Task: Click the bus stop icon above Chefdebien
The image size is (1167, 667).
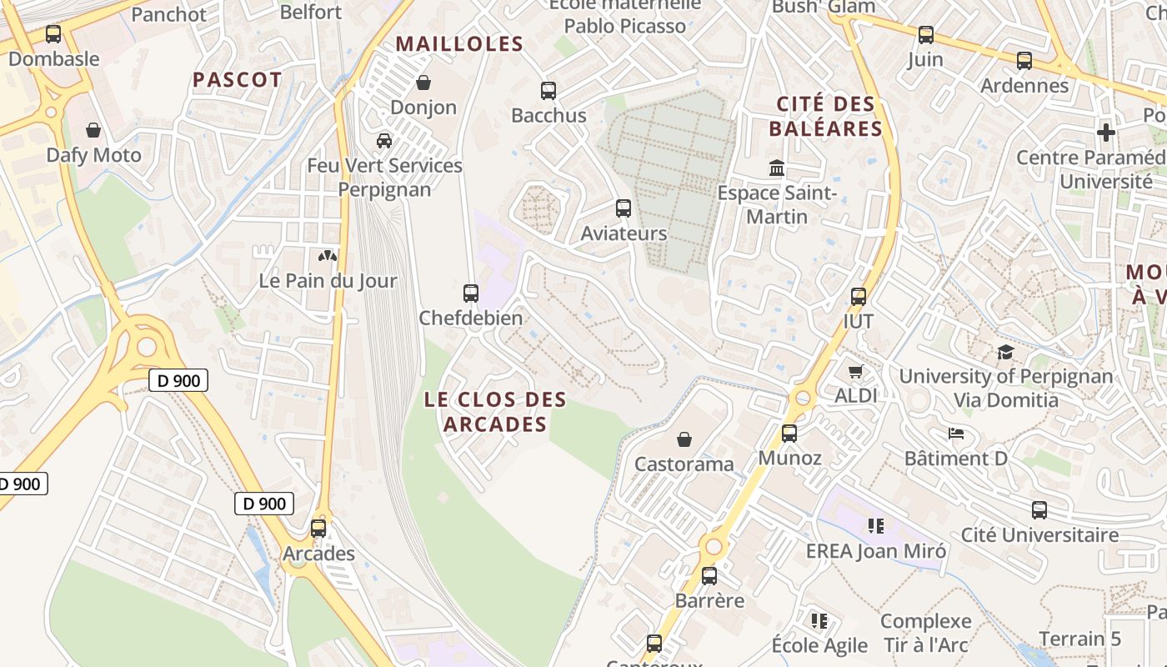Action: click(x=471, y=293)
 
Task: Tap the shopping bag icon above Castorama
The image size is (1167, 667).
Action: click(x=684, y=439)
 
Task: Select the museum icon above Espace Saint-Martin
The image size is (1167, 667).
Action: click(x=777, y=168)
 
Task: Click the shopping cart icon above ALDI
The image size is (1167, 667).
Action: click(x=856, y=371)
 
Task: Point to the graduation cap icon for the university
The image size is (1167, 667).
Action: click(x=1005, y=353)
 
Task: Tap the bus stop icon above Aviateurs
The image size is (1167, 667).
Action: click(x=624, y=208)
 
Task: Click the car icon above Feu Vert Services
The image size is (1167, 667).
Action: click(x=384, y=140)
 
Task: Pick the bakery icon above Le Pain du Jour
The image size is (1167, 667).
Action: click(x=328, y=256)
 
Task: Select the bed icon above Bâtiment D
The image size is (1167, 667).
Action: click(x=956, y=434)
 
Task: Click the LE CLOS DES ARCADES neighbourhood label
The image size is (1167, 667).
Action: click(x=495, y=412)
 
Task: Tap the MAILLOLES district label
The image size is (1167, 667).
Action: click(x=459, y=44)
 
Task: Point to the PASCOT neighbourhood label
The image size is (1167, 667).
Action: click(x=238, y=80)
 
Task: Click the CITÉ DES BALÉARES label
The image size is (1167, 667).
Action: click(x=825, y=117)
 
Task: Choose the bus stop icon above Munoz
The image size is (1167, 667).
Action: click(x=789, y=434)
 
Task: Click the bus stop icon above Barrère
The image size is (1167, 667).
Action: click(x=709, y=576)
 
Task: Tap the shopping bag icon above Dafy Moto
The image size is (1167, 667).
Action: click(x=93, y=130)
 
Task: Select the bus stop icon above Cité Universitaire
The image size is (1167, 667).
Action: click(x=1039, y=510)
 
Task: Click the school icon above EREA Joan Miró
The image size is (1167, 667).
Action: click(x=875, y=525)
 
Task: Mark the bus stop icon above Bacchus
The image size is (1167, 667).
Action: click(x=548, y=91)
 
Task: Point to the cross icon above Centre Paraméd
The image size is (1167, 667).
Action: click(x=1106, y=133)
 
